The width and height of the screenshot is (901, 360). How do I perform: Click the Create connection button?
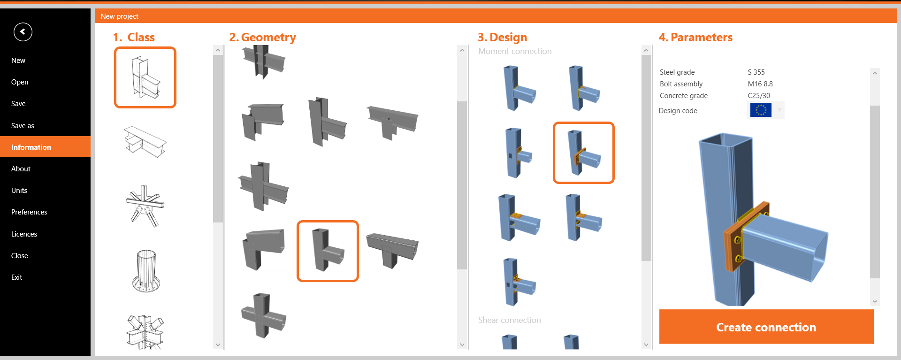click(x=766, y=327)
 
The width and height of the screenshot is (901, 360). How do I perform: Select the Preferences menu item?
click(x=29, y=212)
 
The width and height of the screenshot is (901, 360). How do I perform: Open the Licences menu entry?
click(x=24, y=234)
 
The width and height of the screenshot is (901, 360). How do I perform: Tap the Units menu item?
click(x=19, y=191)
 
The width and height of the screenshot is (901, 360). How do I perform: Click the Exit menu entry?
click(x=16, y=277)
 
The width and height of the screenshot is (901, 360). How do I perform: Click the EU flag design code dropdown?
click(x=765, y=110)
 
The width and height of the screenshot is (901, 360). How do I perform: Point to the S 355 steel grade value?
click(x=756, y=72)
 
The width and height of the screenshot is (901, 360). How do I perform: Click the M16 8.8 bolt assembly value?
click(x=760, y=84)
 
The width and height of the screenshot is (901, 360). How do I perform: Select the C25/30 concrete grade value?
click(x=759, y=96)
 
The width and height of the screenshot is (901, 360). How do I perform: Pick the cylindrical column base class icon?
click(x=146, y=271)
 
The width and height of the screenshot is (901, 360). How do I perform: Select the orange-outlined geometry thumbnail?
click(x=328, y=251)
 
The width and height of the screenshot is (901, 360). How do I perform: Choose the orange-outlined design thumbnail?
click(x=583, y=153)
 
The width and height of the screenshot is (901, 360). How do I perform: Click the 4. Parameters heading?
click(x=695, y=37)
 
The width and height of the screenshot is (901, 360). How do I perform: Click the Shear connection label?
click(x=509, y=320)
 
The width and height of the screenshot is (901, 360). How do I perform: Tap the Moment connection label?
click(x=515, y=51)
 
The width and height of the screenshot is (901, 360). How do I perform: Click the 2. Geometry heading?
click(x=262, y=38)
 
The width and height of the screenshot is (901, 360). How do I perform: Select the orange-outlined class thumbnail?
click(x=145, y=77)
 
